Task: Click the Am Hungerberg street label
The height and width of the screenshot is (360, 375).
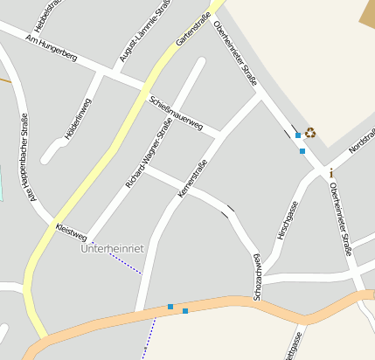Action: [52, 48]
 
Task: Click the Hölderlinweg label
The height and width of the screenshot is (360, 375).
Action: [78, 119]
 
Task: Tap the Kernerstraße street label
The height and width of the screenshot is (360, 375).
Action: [193, 177]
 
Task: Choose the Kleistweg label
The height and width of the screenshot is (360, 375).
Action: [70, 231]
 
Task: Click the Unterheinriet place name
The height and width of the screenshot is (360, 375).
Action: [111, 249]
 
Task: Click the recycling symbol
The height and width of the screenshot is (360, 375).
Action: [310, 133]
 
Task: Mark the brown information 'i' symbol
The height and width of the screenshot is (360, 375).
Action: [331, 173]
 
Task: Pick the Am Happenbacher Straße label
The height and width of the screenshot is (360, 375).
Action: [27, 157]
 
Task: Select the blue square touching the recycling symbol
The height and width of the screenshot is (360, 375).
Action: [298, 135]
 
